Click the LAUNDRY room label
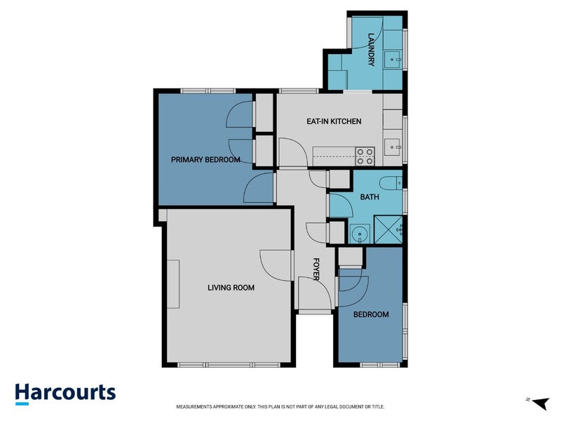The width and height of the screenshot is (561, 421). pos(371,49)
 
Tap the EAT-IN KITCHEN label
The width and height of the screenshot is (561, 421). pos(334,121)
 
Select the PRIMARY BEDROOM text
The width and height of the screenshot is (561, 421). pos(205,160)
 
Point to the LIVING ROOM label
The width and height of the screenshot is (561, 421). pos(231,288)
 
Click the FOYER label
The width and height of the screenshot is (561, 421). pos(316,269)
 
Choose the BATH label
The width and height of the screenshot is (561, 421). pos(370,197)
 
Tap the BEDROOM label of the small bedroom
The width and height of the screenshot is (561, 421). pos(371,314)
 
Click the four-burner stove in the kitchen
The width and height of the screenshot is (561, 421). pos(365,156)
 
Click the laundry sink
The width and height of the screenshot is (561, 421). pos(393,60)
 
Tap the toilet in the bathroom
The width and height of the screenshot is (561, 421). pos(391,183)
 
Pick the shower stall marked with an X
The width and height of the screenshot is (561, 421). pos(388,229)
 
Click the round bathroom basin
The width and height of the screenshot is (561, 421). pos(359,234)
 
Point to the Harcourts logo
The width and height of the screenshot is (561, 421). pos(65,394)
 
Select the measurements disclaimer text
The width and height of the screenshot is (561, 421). pos(280,407)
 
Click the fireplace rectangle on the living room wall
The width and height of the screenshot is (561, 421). pos(173,284)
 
